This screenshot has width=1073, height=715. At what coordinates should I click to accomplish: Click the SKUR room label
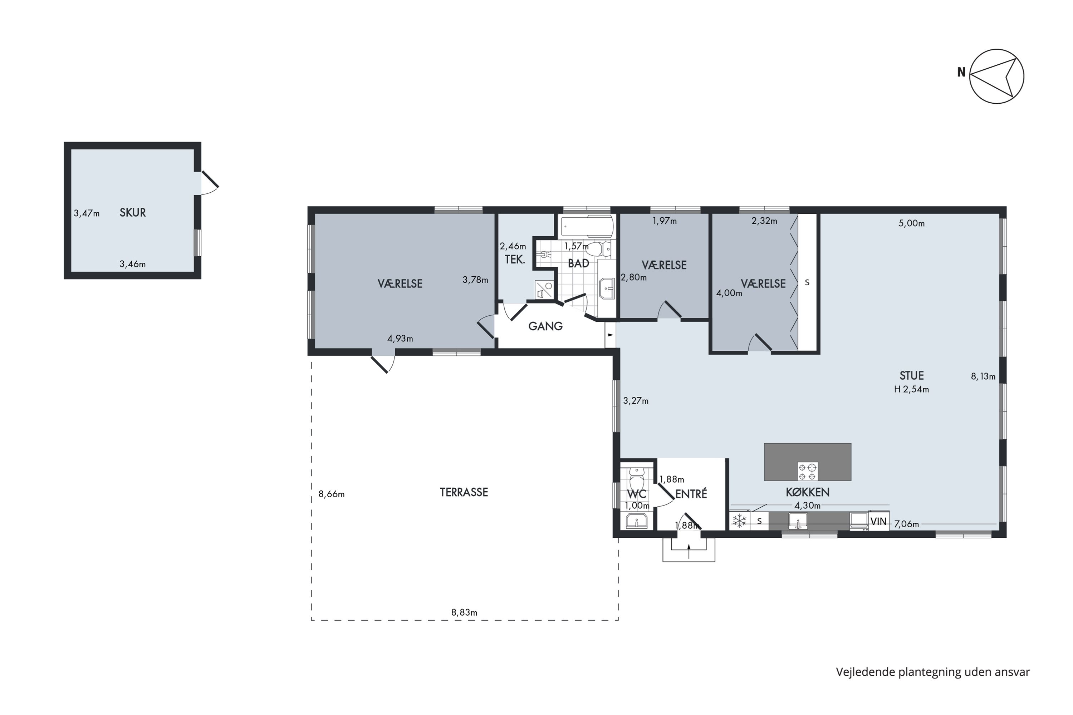(133, 212)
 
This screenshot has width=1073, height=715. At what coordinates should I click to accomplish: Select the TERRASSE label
(464, 492)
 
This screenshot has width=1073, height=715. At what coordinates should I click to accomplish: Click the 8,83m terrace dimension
(464, 612)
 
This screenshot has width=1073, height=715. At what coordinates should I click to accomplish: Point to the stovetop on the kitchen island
(808, 472)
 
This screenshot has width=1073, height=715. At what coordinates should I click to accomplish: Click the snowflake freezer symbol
(740, 521)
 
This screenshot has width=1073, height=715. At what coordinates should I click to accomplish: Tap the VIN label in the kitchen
(879, 522)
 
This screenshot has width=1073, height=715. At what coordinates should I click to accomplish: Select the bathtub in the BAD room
(587, 226)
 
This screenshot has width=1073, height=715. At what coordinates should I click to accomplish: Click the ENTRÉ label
(691, 493)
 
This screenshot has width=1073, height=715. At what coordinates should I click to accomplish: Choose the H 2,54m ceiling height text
(911, 389)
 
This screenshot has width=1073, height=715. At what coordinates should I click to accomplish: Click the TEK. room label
(515, 260)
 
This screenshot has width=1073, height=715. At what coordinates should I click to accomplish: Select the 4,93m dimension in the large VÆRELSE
(400, 338)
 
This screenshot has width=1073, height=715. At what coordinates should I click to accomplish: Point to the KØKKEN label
(808, 492)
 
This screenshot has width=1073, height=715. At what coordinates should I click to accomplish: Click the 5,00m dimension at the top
(911, 223)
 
